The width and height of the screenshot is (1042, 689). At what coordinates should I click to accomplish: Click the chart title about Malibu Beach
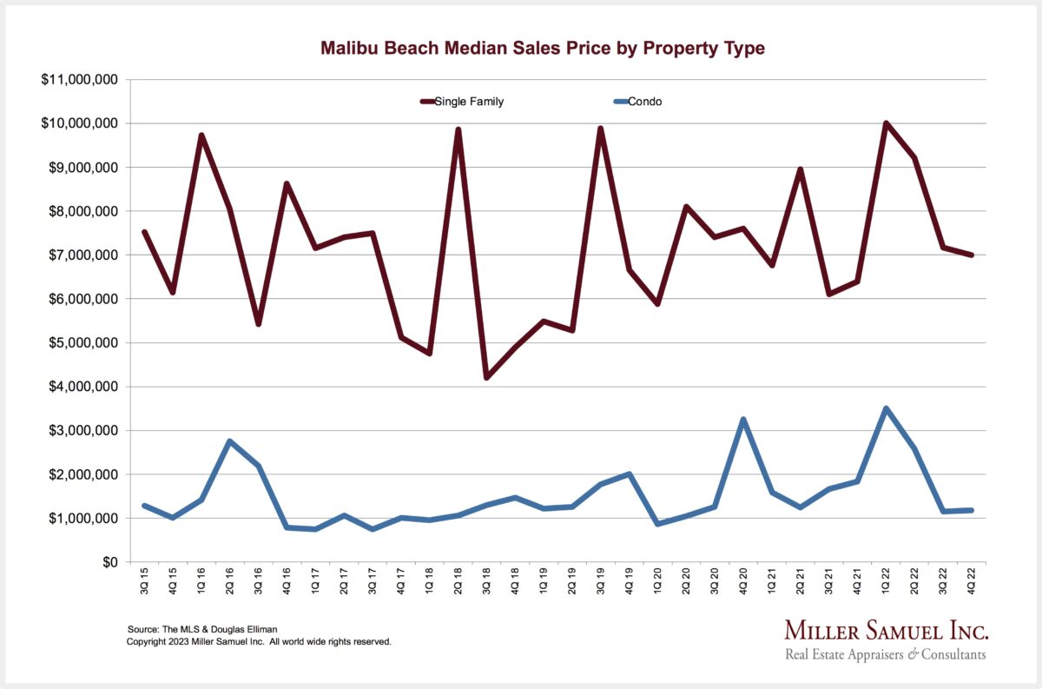543,48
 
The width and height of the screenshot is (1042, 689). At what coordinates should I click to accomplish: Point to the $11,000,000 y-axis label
81,79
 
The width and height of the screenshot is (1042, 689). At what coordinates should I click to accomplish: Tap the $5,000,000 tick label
81,342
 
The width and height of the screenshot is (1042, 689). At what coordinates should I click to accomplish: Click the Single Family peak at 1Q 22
886,123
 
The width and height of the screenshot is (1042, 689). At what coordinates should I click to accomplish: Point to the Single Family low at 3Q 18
487,377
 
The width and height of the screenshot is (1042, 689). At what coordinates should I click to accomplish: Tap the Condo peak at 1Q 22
886,408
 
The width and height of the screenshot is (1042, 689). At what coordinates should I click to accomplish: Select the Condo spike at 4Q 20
743,420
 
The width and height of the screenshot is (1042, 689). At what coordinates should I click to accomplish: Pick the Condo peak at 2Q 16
230,441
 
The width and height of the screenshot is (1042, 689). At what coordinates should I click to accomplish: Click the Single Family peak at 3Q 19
600,129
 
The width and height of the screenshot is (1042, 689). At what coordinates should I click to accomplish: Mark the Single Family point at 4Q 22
972,255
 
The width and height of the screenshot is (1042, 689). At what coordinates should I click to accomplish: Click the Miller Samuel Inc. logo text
886,630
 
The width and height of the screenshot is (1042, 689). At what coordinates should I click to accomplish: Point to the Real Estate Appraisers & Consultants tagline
886,654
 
